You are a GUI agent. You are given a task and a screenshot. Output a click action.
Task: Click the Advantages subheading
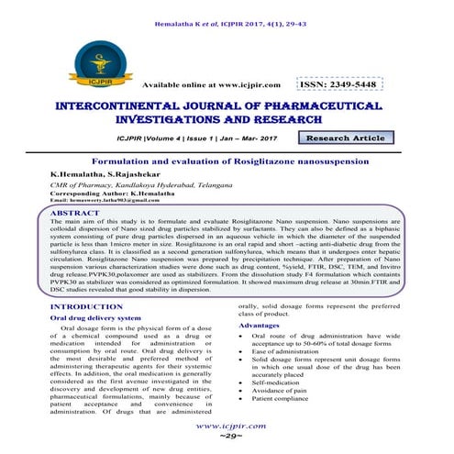pyautogui.click(x=264, y=326)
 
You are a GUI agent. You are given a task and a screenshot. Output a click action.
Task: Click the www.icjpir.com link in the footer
pyautogui.click(x=227, y=426)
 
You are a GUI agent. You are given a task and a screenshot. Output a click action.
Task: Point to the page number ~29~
pyautogui.click(x=227, y=440)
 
